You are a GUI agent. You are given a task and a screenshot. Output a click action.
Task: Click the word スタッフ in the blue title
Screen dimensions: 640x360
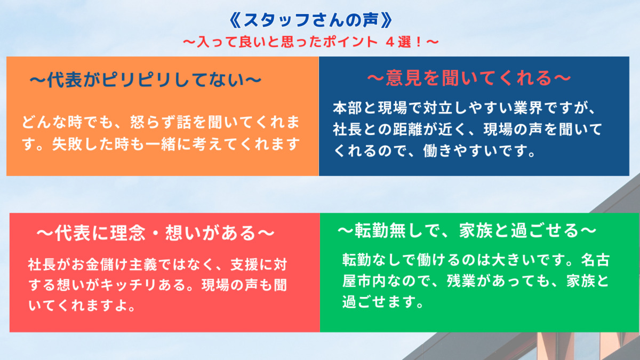click(277, 20)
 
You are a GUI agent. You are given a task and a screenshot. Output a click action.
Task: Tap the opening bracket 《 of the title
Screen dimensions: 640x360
click(235, 20)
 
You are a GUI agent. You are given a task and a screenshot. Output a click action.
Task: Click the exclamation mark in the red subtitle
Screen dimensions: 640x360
click(419, 42)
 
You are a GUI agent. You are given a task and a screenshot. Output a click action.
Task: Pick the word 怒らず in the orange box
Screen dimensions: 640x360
click(151, 122)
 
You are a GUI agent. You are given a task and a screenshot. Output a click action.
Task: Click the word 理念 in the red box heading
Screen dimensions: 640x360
click(128, 233)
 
